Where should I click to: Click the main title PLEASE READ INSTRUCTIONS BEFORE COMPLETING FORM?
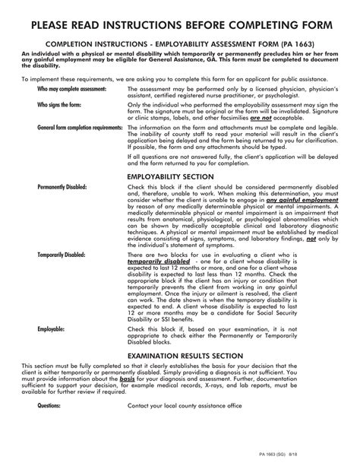(x=180, y=28)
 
